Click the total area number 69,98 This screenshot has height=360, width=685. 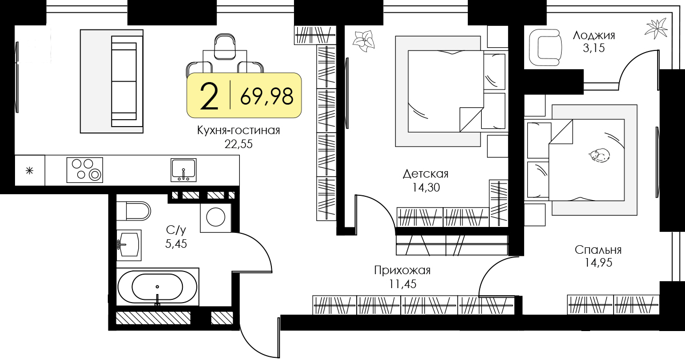267,96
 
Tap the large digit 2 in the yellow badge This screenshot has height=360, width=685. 209,97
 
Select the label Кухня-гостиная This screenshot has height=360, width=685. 239,130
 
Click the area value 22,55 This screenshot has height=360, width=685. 239,143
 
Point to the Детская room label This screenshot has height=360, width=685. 425,174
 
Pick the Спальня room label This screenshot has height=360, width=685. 598,249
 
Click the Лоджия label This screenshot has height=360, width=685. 594,36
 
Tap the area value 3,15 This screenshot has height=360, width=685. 594,49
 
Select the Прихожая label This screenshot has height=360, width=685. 402,270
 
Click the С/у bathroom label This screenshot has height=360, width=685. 176,230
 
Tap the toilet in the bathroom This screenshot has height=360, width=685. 134,210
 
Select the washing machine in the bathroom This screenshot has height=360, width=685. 216,217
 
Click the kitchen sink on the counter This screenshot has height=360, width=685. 183,170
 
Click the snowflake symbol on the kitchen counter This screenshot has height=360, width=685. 30,171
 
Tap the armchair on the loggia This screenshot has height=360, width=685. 545,48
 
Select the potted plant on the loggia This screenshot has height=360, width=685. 655,28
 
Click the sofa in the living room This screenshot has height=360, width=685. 123,80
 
